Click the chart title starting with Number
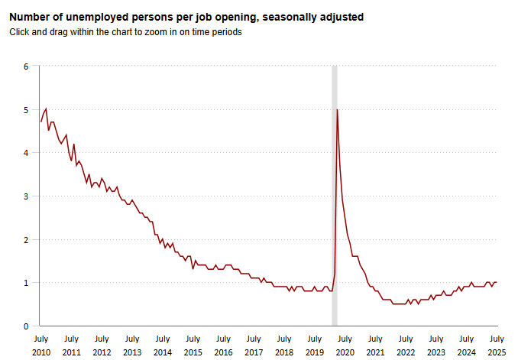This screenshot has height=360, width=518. (x=186, y=16)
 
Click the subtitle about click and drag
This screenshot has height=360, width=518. (x=125, y=32)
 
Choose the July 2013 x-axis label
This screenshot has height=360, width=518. (x=131, y=345)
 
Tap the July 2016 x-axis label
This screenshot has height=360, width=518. (x=223, y=345)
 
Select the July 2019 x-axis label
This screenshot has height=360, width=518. (x=314, y=345)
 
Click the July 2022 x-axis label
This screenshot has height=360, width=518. (x=406, y=345)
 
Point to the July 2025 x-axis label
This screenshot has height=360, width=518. (x=497, y=345)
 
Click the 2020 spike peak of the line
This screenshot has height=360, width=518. (x=337, y=110)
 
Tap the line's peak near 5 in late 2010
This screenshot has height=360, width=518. (x=47, y=109)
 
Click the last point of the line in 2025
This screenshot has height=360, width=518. (x=497, y=282)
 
